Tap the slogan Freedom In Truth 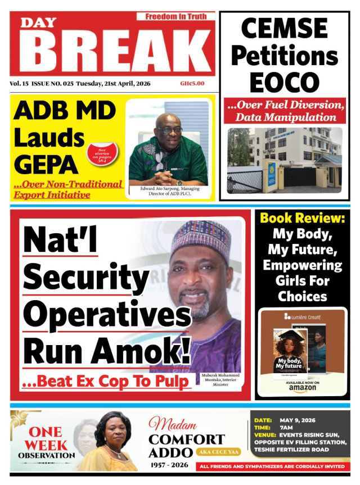(175, 16)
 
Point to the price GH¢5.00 (192, 84)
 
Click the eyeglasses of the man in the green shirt (170, 130)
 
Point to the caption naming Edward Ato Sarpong (168, 192)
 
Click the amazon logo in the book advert (302, 388)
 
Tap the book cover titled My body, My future (289, 354)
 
